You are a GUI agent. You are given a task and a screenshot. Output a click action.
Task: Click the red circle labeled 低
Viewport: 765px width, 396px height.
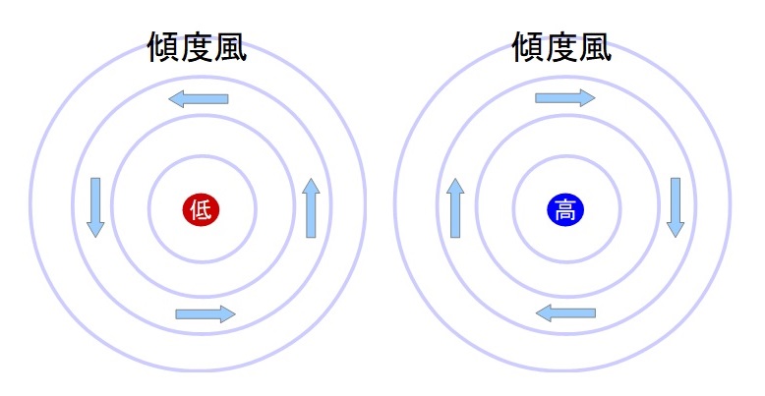point(201,210)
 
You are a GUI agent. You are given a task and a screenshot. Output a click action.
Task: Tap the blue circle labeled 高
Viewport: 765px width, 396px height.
point(565,210)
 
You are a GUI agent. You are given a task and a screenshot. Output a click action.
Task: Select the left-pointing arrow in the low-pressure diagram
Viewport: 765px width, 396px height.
point(199,99)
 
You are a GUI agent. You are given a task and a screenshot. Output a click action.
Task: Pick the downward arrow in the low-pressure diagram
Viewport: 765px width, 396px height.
point(95,207)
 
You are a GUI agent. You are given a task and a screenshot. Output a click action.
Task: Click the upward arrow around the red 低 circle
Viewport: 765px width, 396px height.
point(311,207)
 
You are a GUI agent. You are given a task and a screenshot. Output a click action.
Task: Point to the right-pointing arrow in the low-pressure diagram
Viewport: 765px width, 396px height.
point(206,314)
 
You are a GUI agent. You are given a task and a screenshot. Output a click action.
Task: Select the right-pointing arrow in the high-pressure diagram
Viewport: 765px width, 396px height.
point(565,98)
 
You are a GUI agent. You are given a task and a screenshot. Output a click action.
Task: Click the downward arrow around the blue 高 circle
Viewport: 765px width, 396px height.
point(676,207)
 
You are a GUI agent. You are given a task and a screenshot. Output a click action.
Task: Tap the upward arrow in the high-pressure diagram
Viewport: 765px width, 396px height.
point(455,207)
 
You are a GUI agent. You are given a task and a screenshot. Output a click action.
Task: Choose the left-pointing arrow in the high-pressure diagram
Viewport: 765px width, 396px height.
point(565,313)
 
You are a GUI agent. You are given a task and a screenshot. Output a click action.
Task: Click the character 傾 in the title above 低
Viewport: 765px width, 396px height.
point(164,47)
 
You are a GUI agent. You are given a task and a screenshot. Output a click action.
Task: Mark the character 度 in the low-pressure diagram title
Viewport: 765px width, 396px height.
point(197,47)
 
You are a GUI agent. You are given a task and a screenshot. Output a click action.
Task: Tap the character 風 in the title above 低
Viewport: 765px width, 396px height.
point(230,47)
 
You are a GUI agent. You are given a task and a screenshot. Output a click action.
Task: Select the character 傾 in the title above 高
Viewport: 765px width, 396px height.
point(528,47)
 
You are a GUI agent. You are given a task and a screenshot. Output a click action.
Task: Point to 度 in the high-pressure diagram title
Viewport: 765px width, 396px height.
point(561,47)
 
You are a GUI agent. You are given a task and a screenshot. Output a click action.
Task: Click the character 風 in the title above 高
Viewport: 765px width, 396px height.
point(595,47)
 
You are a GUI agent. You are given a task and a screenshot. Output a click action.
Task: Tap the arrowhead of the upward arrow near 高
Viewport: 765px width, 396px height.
point(455,186)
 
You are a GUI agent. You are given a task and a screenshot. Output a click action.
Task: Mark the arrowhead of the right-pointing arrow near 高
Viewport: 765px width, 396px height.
point(588,98)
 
